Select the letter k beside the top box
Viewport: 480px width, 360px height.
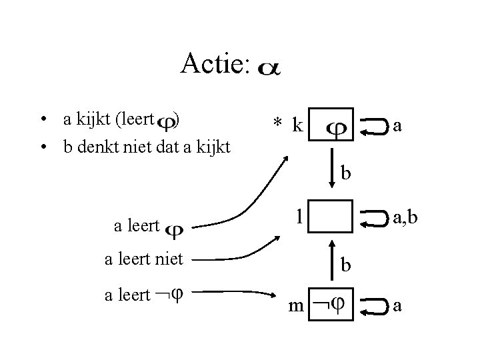[297, 125]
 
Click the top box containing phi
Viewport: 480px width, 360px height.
[332, 125]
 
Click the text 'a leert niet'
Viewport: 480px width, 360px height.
[144, 258]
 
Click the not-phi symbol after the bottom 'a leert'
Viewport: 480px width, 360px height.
[170, 294]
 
